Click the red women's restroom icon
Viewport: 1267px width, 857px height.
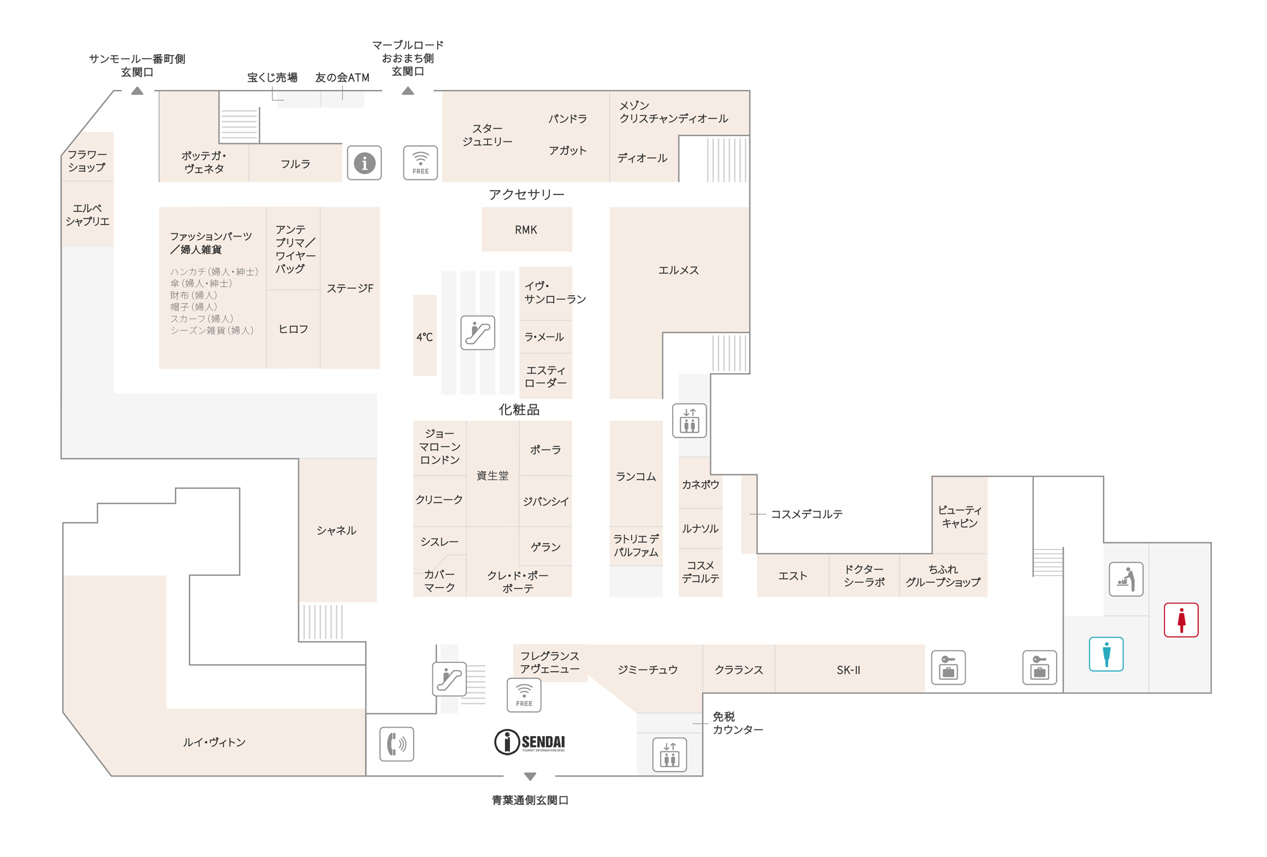[x=1181, y=619]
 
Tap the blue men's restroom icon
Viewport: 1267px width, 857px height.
[x=1106, y=654]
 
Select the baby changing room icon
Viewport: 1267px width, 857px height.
[x=1126, y=579]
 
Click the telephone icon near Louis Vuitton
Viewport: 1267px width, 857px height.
[x=397, y=744]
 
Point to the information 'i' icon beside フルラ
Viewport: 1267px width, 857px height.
[x=364, y=163]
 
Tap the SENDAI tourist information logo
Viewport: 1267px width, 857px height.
[x=530, y=742]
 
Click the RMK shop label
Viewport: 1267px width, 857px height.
[x=526, y=230]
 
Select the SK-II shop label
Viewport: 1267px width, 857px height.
[x=848, y=670]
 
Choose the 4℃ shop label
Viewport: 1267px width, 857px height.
[x=424, y=337]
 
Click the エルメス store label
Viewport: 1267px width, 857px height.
[x=678, y=270]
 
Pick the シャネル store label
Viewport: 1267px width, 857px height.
[x=336, y=530]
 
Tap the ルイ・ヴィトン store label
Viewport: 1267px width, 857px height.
[x=214, y=742]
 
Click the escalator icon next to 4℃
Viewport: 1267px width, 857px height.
[x=478, y=333]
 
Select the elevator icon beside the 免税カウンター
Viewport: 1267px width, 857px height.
[x=670, y=754]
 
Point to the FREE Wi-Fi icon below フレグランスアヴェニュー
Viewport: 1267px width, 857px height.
[x=524, y=695]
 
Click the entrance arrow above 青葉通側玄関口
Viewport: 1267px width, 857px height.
[x=530, y=777]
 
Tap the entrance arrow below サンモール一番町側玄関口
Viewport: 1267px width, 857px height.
[x=137, y=91]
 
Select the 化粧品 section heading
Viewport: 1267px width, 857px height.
[x=519, y=410]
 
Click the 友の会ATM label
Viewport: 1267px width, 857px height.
[x=342, y=77]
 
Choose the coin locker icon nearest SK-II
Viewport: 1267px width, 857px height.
[x=948, y=668]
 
